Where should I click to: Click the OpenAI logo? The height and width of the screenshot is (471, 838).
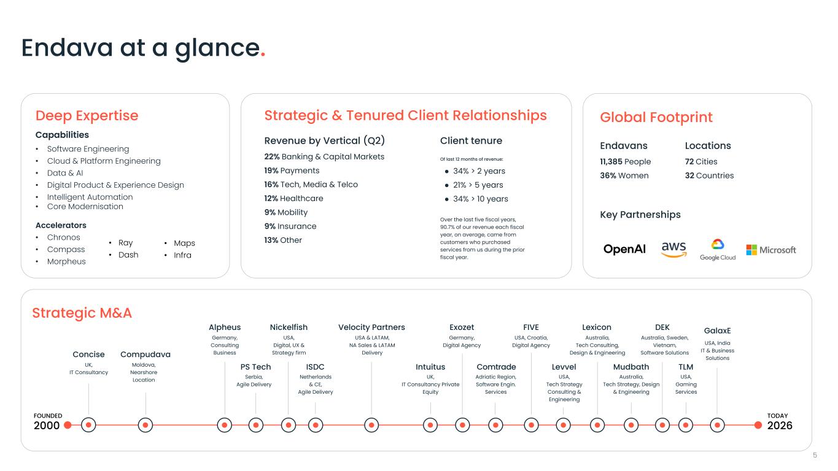[624, 249]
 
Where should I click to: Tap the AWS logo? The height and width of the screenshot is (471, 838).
[673, 250]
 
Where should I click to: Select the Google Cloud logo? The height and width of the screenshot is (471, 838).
[718, 250]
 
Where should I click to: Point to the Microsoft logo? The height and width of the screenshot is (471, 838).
[771, 250]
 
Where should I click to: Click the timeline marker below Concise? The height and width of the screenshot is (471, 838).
[88, 425]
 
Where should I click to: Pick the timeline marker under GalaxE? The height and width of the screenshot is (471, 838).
[717, 425]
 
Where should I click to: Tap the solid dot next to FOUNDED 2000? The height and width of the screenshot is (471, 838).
[68, 425]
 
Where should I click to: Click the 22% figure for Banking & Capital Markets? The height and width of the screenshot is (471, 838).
[272, 156]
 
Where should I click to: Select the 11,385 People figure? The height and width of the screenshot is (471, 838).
[626, 161]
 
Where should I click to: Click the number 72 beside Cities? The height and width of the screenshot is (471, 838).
[689, 161]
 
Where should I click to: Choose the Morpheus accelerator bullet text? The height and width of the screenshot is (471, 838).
[66, 261]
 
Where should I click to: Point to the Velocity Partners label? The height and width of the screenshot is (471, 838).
[371, 327]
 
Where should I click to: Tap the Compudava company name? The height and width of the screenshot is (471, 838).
[145, 354]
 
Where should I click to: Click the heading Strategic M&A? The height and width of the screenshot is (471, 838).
[82, 313]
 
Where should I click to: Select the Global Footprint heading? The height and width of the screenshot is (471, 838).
[656, 117]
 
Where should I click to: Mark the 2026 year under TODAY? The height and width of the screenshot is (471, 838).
[780, 426]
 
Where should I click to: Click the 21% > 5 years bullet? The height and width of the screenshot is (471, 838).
[478, 185]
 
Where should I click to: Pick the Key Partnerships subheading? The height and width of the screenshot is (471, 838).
[640, 215]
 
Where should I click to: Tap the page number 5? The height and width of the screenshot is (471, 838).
[815, 455]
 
